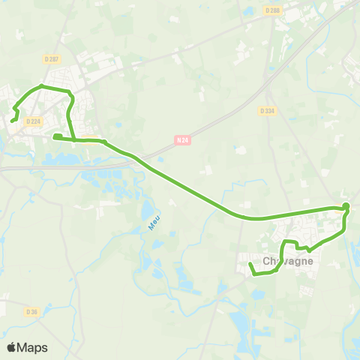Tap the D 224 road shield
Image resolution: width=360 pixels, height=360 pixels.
pyautogui.click(x=32, y=121)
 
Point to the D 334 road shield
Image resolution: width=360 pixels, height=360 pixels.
pyautogui.click(x=268, y=111)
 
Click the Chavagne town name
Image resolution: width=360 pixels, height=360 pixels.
pyautogui.click(x=287, y=261)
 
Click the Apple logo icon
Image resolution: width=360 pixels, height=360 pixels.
pyautogui.click(x=11, y=347)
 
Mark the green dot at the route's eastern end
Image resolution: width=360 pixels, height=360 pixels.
pyautogui.click(x=346, y=206)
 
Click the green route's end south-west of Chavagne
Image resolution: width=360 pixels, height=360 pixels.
pyautogui.click(x=250, y=265)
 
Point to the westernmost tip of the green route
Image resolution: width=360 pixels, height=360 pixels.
pyautogui.click(x=12, y=119)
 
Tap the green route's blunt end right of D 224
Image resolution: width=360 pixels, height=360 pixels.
pyautogui.click(x=55, y=136)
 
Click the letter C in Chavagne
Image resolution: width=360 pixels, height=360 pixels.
pyautogui.click(x=267, y=261)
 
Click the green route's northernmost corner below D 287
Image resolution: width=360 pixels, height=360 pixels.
pyautogui.click(x=41, y=87)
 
